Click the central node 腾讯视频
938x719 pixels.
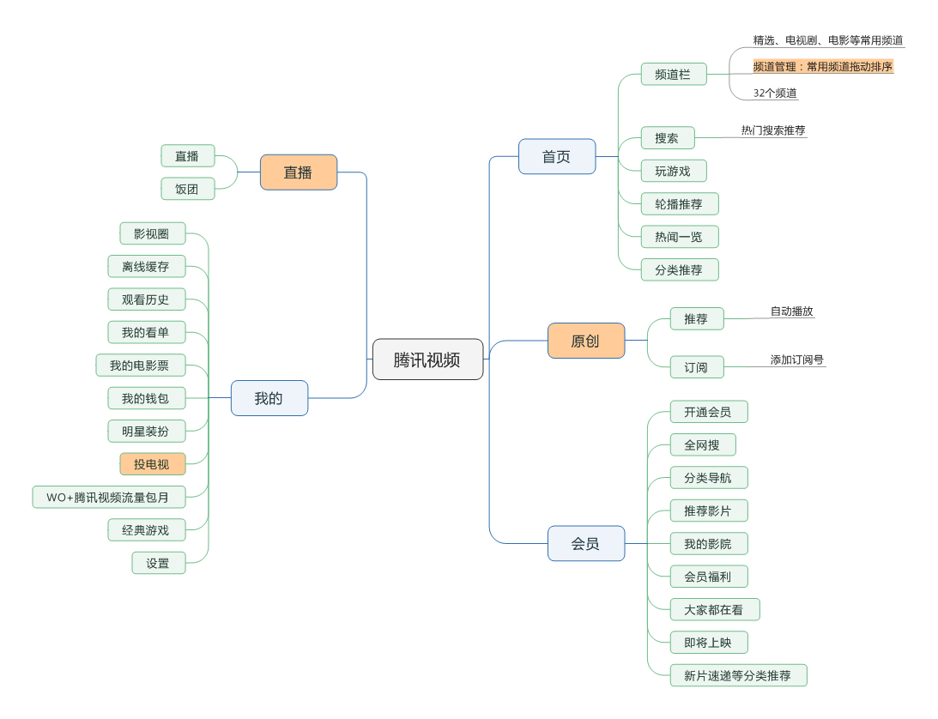point(427,359)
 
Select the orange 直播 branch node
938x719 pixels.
point(298,172)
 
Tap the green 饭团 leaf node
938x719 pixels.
point(187,189)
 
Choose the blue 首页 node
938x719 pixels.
point(556,157)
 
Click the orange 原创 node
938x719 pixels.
point(585,341)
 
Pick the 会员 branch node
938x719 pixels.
point(585,543)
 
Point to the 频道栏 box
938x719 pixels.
point(673,75)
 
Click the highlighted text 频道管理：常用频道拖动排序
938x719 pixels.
point(823,66)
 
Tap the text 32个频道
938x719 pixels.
point(775,93)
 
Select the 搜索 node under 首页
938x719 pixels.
point(667,137)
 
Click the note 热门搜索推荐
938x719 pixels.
point(773,130)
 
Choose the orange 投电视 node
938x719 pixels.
point(152,464)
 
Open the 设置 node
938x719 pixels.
point(158,563)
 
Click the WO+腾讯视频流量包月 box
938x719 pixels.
point(108,497)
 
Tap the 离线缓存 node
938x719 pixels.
point(146,267)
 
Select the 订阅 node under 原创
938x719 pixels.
point(696,367)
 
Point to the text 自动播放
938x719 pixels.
point(791,311)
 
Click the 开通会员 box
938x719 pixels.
point(708,412)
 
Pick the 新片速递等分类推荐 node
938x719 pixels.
point(738,675)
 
